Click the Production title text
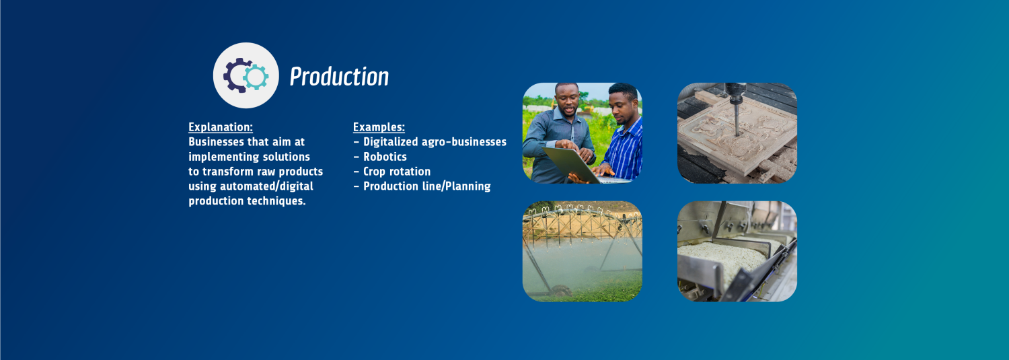[339, 77]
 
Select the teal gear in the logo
[256, 77]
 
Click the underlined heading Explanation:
[220, 127]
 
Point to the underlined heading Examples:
[379, 127]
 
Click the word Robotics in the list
[385, 157]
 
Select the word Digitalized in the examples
[391, 142]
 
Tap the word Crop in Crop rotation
[374, 172]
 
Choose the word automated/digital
[266, 186]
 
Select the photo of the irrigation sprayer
[583, 252]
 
